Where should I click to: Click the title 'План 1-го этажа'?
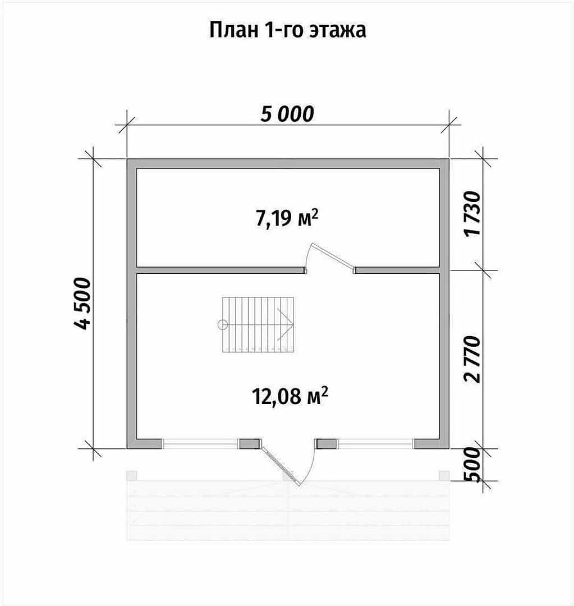tap(288, 30)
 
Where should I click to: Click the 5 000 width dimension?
tap(287, 114)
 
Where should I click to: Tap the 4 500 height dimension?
tap(82, 303)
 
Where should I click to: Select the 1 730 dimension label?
tap(473, 214)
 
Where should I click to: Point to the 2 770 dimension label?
tap(473, 360)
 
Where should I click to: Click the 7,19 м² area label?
tap(287, 218)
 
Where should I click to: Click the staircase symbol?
tap(258, 325)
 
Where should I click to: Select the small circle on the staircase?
tap(223, 325)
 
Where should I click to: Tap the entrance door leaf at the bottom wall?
tap(281, 466)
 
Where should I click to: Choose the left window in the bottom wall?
tap(200, 444)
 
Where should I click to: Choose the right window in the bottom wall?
tap(375, 444)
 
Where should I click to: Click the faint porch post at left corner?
tap(132, 475)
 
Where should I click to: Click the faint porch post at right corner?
tap(444, 475)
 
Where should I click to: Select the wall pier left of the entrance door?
tap(250, 444)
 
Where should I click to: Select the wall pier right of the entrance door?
tap(327, 444)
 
